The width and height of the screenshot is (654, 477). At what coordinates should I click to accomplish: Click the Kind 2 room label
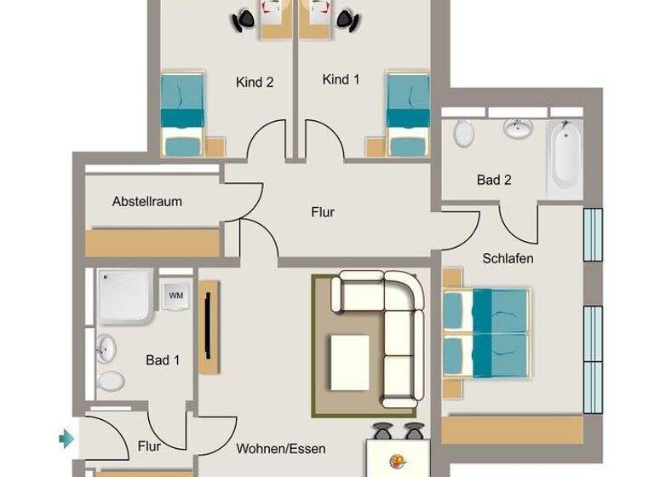(x=255, y=83)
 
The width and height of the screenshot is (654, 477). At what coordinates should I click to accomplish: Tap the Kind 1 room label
(x=341, y=79)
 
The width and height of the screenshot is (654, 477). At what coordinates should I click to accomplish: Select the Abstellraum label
(x=147, y=202)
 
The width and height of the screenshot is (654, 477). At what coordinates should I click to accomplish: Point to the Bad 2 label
(x=494, y=180)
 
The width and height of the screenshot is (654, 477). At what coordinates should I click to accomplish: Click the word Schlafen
(x=508, y=257)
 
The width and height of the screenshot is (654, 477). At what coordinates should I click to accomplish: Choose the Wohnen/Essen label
(x=281, y=448)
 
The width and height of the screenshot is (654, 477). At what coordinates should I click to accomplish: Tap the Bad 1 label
(x=163, y=360)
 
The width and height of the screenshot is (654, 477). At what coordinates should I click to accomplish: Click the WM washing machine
(x=176, y=296)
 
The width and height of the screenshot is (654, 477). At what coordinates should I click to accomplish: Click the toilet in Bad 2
(x=463, y=134)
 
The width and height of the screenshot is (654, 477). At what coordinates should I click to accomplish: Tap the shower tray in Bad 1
(x=125, y=297)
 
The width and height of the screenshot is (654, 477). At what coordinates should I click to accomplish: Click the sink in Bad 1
(x=106, y=348)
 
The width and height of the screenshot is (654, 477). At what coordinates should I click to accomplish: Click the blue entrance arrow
(x=66, y=439)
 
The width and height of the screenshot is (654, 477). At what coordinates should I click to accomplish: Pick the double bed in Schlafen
(x=486, y=331)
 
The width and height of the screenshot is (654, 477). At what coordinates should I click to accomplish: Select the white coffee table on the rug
(x=349, y=362)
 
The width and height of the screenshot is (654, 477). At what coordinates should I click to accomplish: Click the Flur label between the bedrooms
(x=323, y=212)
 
